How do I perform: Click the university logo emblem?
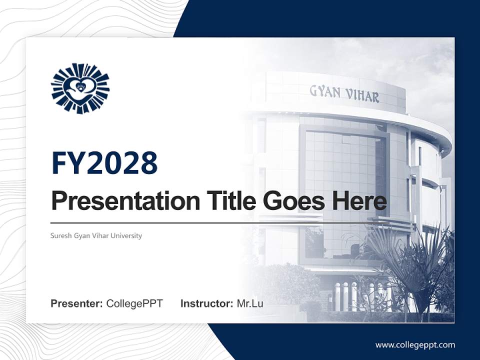(80, 88)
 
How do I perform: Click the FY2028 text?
(104, 163)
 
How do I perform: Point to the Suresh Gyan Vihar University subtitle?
(96, 235)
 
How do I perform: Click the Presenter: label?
(77, 303)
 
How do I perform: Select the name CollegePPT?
(134, 303)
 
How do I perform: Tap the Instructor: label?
(207, 303)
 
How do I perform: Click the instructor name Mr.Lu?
(250, 303)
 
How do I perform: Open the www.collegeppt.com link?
(415, 345)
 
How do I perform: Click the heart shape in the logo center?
(80, 87)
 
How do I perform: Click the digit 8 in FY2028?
(148, 163)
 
